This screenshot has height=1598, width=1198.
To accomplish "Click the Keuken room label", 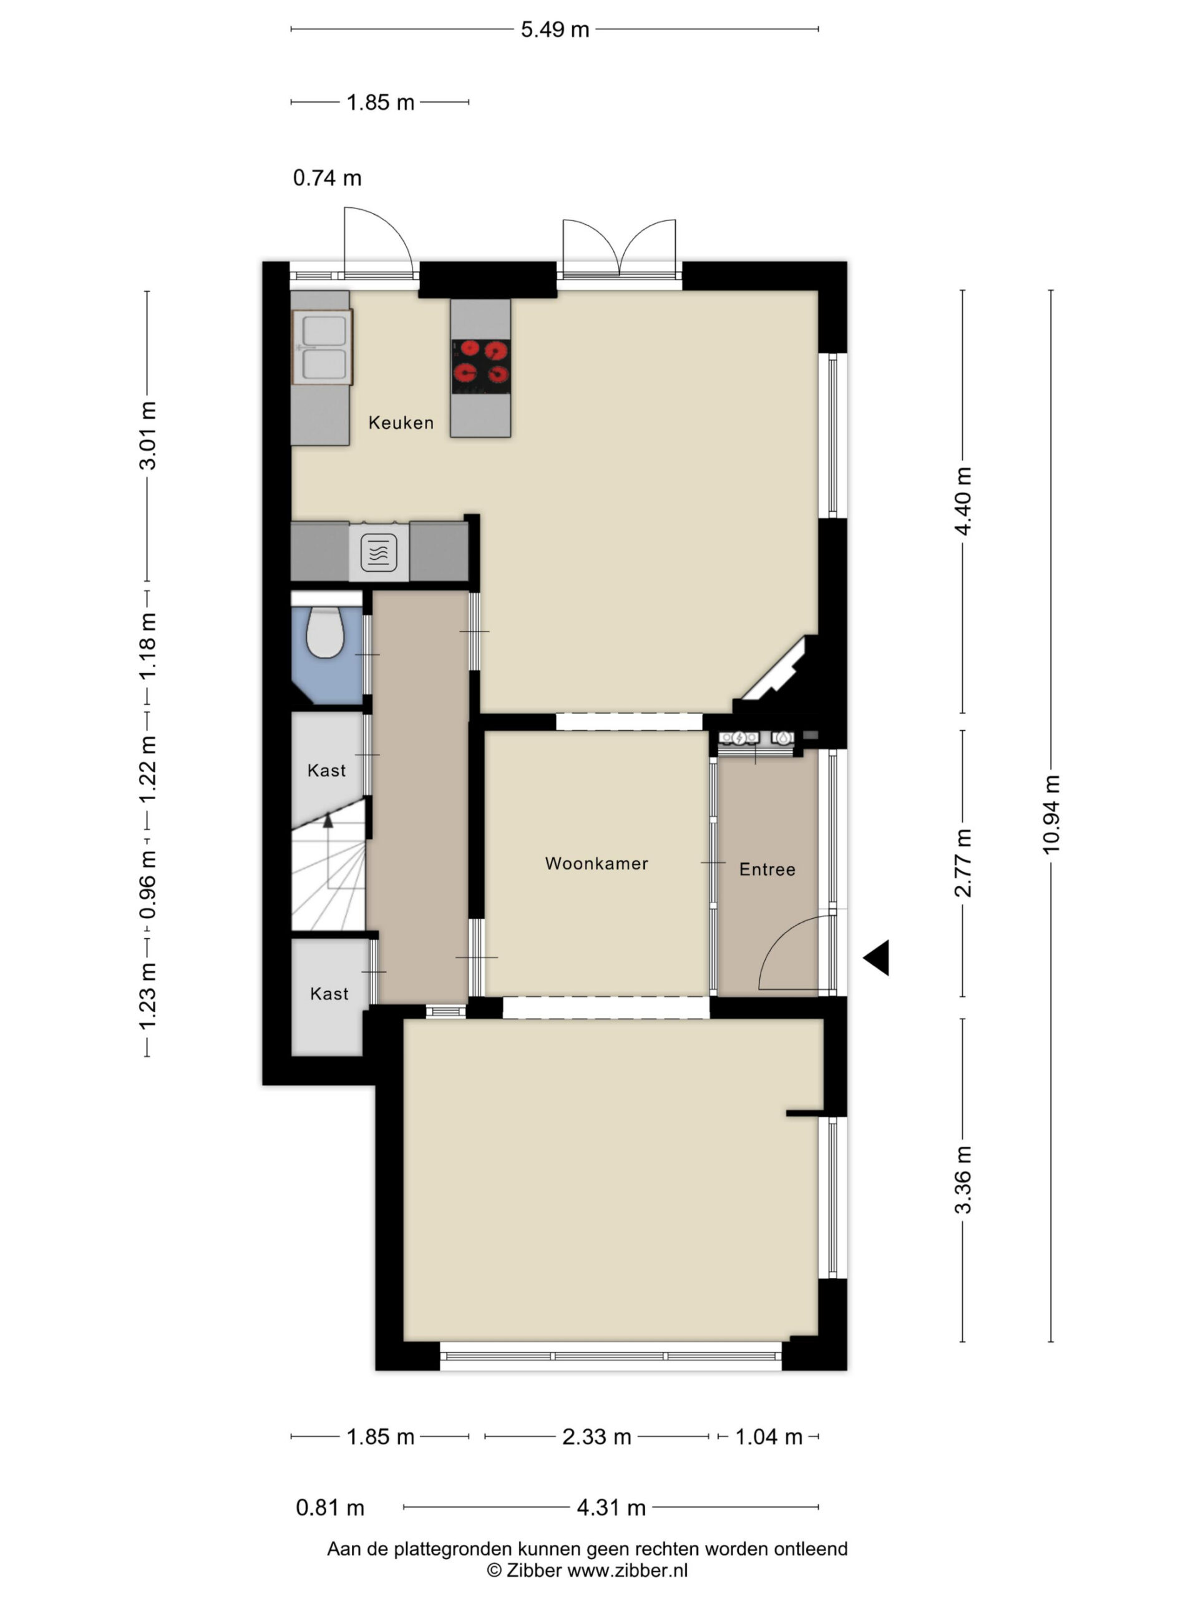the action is pos(401,423).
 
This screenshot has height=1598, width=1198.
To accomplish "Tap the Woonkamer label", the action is pos(597,863).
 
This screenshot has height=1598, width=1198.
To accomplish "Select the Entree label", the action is pos(767,869).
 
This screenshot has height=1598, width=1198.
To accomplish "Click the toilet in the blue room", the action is pos(325,632).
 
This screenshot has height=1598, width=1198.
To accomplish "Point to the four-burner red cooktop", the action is pos(481,366).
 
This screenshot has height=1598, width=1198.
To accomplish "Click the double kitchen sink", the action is pos(322,347).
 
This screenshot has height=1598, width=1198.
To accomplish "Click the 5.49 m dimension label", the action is pos(555,29).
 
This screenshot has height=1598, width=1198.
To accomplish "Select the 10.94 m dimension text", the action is pos(1051,814).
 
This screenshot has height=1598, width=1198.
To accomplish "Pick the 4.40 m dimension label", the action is pos(963,501).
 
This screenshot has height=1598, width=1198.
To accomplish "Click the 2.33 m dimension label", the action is pos(597,1437).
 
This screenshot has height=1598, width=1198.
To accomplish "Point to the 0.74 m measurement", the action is pos(327,178).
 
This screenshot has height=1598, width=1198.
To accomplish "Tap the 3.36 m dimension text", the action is pos(963,1180).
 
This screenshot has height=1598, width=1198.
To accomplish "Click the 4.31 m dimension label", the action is pos(611,1507).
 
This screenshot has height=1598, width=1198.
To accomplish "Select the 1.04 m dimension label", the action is pos(768,1437).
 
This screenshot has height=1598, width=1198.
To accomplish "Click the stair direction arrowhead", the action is pos(329,820).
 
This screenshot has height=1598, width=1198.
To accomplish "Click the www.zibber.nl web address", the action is pos(627,1570).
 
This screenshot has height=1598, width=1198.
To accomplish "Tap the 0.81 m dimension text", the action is pos(330,1507).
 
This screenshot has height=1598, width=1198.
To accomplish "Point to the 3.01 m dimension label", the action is pos(147,436).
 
